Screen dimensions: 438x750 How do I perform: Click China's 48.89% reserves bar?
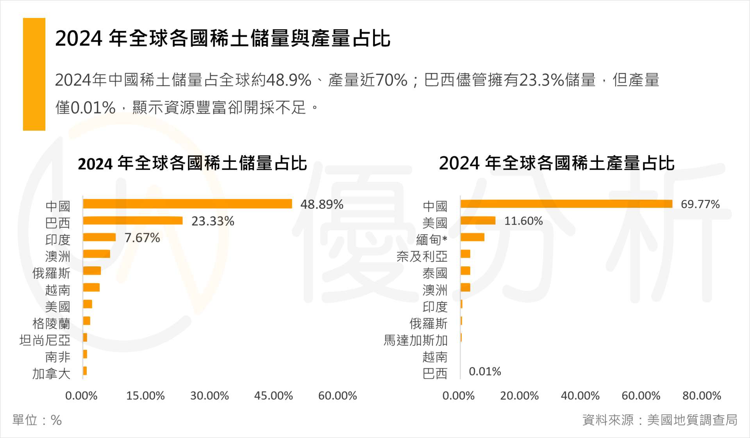(x=187, y=204)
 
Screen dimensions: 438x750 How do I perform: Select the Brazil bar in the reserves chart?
(x=133, y=221)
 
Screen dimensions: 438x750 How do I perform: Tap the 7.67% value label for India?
(x=142, y=238)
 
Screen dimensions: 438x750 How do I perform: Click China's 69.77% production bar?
(x=566, y=204)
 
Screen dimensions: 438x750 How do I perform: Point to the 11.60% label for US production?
(x=523, y=221)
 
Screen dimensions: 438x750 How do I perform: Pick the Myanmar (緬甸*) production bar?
(x=473, y=237)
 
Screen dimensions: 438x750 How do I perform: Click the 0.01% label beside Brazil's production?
(x=485, y=371)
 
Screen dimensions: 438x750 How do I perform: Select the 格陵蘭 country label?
(x=51, y=323)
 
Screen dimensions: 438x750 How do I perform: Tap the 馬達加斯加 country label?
(x=415, y=340)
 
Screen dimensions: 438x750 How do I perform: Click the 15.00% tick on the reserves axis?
(x=145, y=395)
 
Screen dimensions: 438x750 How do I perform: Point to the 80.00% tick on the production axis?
(x=702, y=395)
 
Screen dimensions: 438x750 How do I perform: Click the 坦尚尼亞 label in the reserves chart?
(x=45, y=340)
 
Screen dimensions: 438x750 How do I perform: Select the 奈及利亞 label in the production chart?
(x=422, y=256)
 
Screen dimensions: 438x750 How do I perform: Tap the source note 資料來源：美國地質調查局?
(x=660, y=420)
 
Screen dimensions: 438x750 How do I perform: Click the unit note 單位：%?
(x=37, y=420)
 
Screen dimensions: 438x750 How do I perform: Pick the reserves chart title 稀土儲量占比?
(x=192, y=163)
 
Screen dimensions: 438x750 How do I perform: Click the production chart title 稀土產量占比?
(x=557, y=163)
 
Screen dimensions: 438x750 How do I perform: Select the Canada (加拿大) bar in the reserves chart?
(x=85, y=371)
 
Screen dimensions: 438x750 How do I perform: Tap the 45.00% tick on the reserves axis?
(x=273, y=395)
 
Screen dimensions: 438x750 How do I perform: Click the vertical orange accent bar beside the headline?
(x=34, y=74)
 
